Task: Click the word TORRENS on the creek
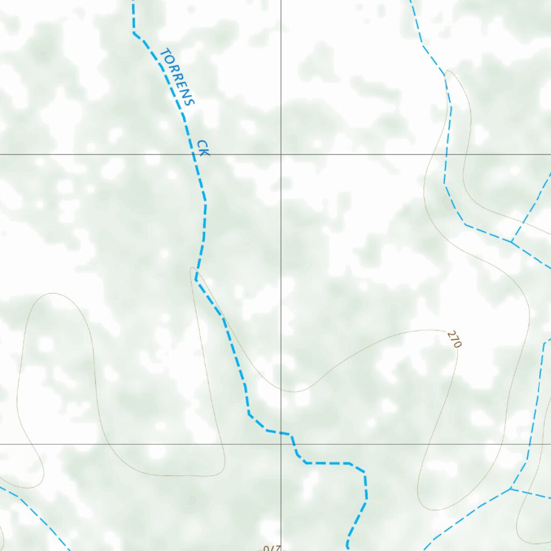177,76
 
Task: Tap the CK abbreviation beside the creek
202,148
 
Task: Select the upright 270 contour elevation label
454,340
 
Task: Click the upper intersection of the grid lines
280,154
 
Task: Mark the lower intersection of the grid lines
280,444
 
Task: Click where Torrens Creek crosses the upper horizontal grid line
195,154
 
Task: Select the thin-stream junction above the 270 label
511,241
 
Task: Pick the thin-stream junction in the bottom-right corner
511,489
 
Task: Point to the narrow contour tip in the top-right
448,71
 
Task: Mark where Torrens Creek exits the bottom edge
348,548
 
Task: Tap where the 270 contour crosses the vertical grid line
280,390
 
